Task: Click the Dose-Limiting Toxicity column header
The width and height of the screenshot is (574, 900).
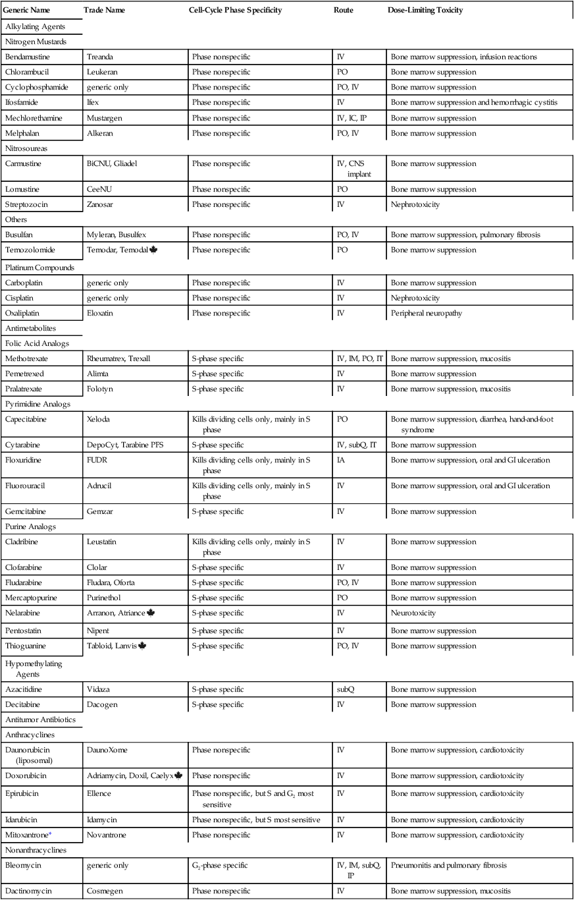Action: click(x=425, y=11)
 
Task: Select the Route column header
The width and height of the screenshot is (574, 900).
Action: click(x=343, y=11)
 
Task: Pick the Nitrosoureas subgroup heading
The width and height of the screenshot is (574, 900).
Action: click(x=26, y=148)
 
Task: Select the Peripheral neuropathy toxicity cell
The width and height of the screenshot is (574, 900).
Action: click(x=426, y=313)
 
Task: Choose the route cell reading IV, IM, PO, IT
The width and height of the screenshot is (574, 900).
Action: click(x=359, y=359)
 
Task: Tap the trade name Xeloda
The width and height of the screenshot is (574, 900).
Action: click(x=99, y=418)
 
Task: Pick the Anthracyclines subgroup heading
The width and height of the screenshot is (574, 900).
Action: click(x=30, y=735)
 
